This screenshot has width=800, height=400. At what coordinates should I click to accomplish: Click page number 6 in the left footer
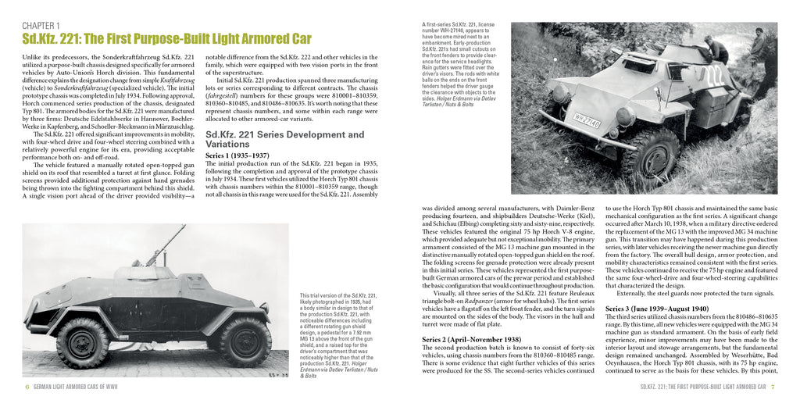tap(27, 387)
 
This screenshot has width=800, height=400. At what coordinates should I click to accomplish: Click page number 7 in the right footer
tap(773, 387)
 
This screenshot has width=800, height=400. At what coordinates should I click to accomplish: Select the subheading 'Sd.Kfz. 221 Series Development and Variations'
tap(291, 138)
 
